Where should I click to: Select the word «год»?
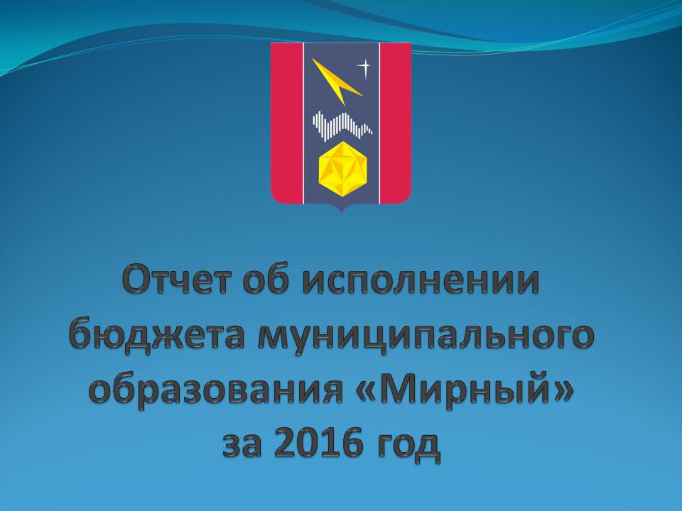407,446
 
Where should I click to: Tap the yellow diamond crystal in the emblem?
342,168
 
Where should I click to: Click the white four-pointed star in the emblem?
364,67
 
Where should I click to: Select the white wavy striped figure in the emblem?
342,126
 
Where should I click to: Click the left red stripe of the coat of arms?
287,121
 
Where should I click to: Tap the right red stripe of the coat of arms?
396,121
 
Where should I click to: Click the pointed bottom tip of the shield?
342,212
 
